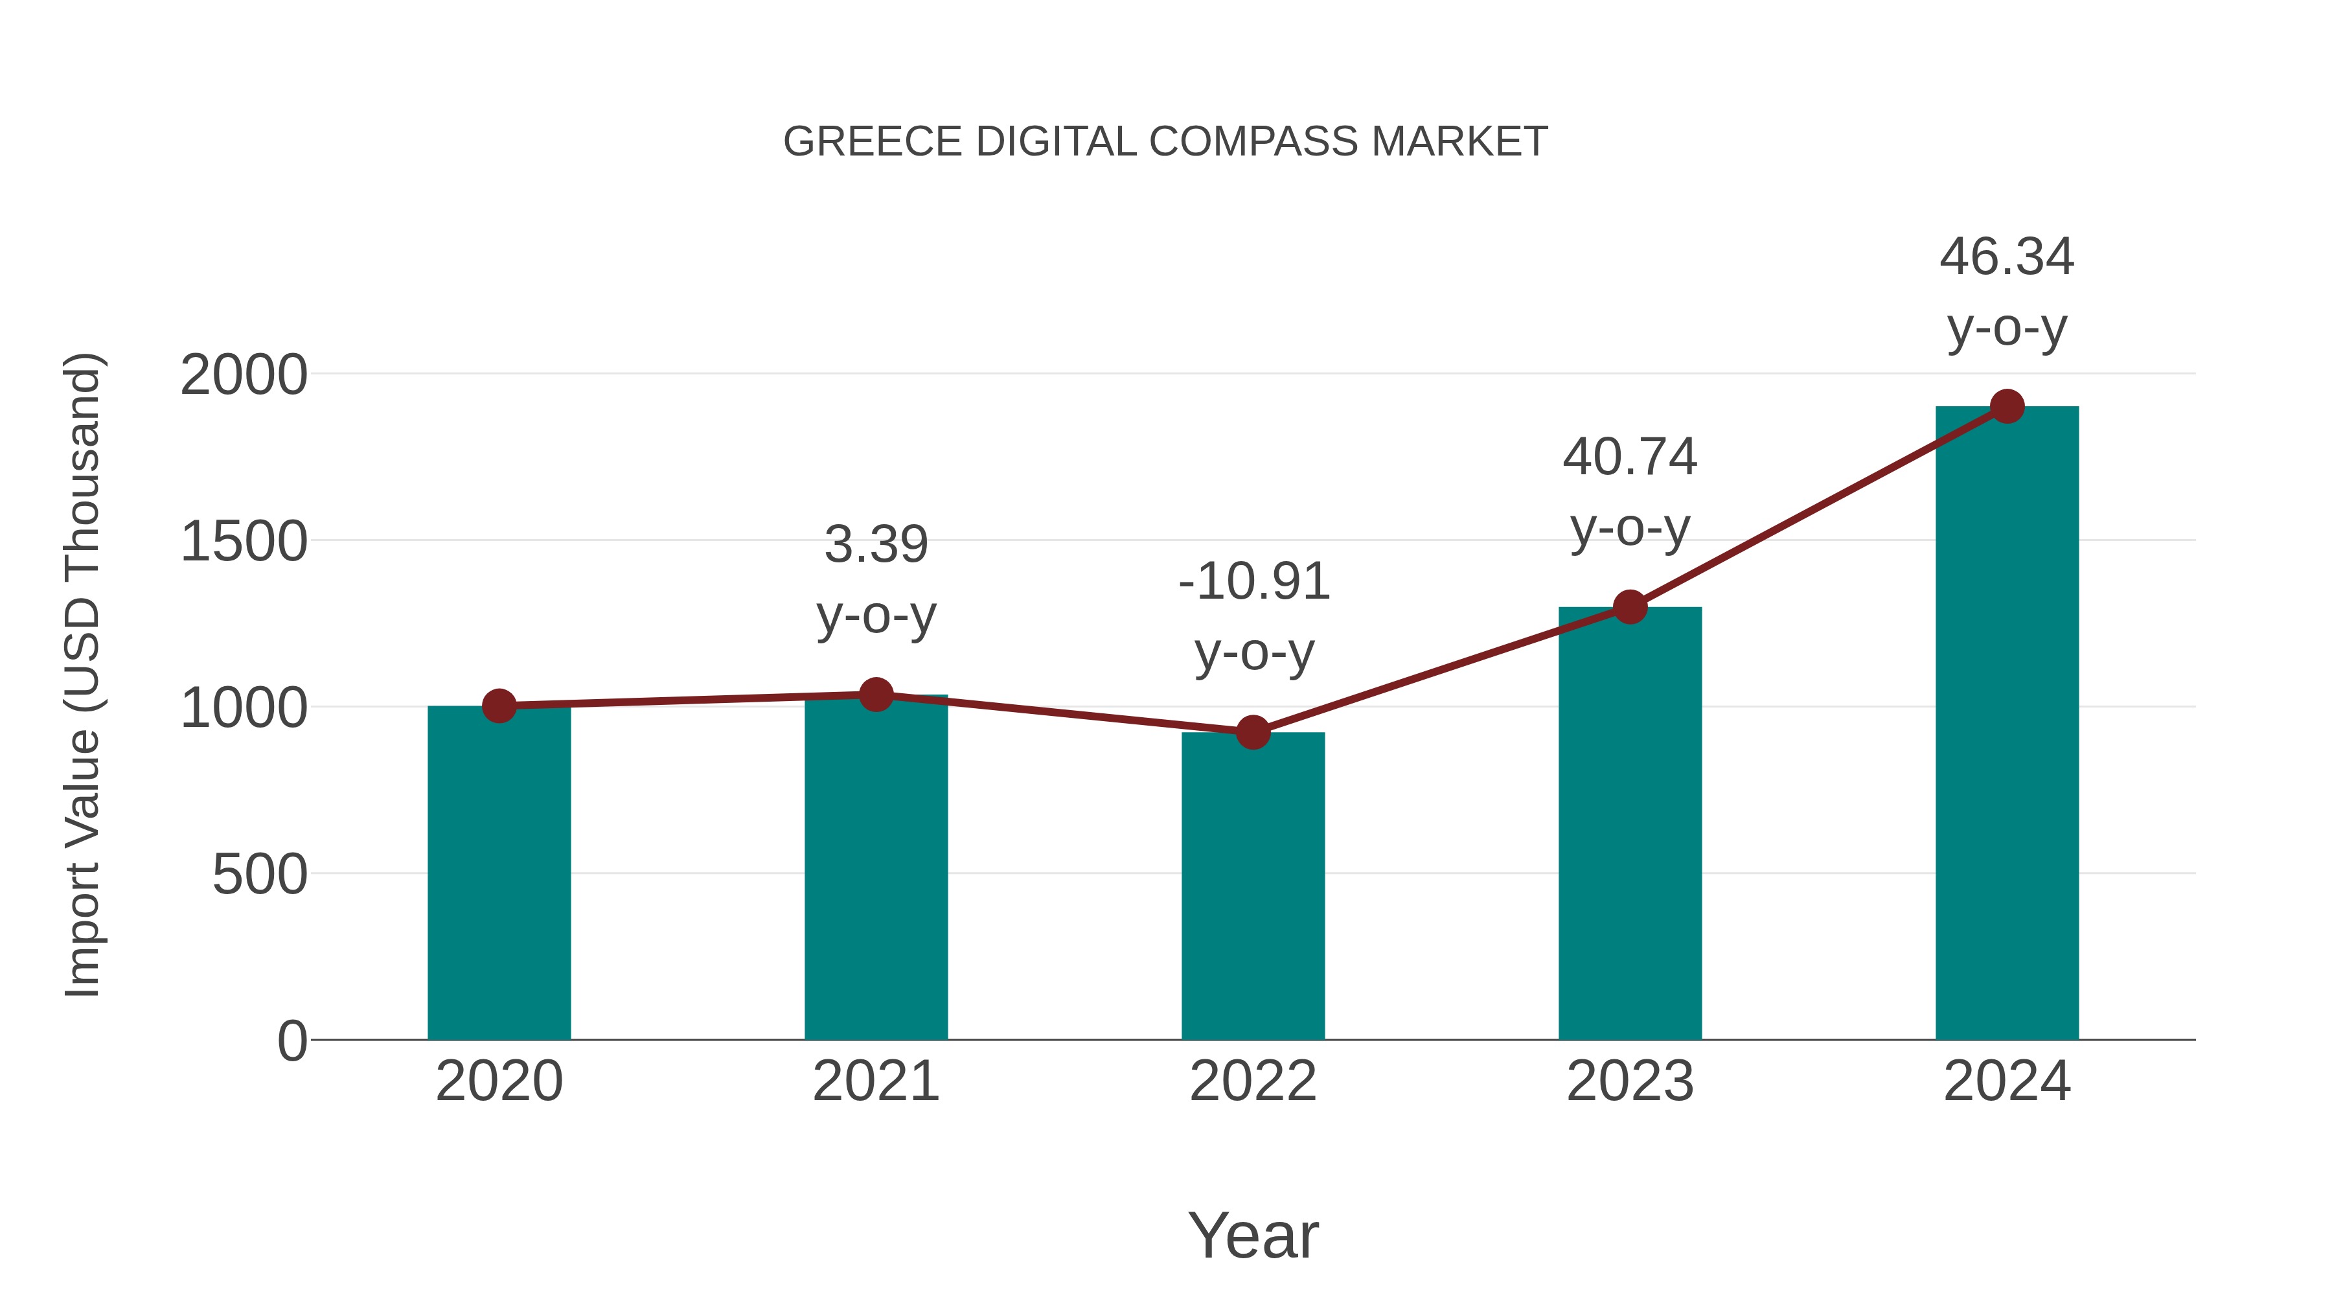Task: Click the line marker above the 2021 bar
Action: tap(875, 695)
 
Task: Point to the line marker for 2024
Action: tap(2007, 406)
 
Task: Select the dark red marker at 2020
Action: tap(499, 706)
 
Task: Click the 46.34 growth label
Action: tap(2006, 257)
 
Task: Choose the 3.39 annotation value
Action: tap(875, 545)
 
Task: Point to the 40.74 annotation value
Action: tap(1630, 457)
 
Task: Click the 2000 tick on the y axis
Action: tap(244, 375)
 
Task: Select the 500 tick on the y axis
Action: tap(259, 875)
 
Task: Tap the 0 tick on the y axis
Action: tap(291, 1041)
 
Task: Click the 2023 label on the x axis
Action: tap(1630, 1081)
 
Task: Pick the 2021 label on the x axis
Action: tap(875, 1081)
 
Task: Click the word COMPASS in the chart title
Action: tap(1254, 142)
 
